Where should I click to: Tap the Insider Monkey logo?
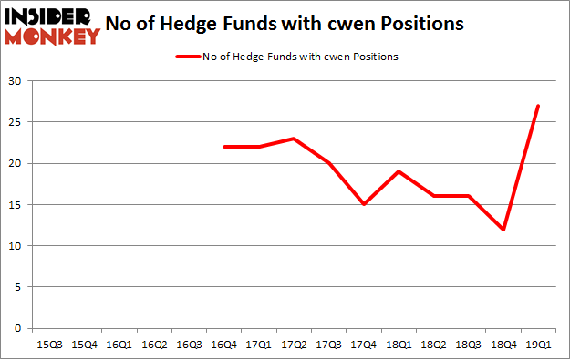click(52, 26)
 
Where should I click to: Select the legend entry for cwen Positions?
click(285, 57)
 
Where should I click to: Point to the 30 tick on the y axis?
click(16, 81)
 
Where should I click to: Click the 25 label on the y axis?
click(16, 122)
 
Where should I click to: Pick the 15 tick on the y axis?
click(16, 204)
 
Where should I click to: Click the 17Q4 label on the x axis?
click(364, 345)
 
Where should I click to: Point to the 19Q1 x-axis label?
click(538, 345)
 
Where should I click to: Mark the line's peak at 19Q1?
click(538, 106)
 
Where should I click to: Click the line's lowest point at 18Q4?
click(503, 230)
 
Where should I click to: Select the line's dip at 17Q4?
click(364, 204)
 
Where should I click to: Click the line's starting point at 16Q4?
click(223, 147)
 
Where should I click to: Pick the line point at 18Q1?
click(399, 171)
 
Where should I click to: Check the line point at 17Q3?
click(328, 163)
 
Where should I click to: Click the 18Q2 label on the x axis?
click(433, 345)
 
